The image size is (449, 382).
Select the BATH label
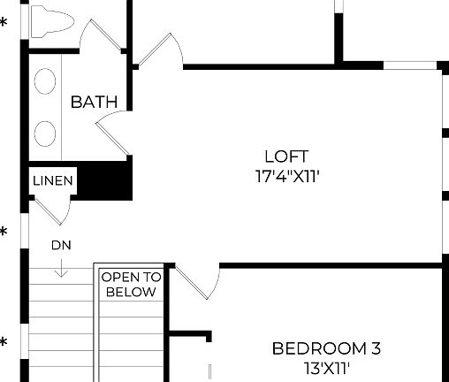(94, 102)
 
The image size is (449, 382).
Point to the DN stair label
(61, 245)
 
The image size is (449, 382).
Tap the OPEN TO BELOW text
(131, 284)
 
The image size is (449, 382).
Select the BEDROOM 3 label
(326, 348)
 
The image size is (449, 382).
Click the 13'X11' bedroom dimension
(326, 368)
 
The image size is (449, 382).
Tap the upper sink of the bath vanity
(44, 83)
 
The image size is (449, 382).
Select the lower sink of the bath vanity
(44, 133)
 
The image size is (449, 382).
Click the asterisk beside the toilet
(4, 22)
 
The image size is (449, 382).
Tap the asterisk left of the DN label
(4, 233)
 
